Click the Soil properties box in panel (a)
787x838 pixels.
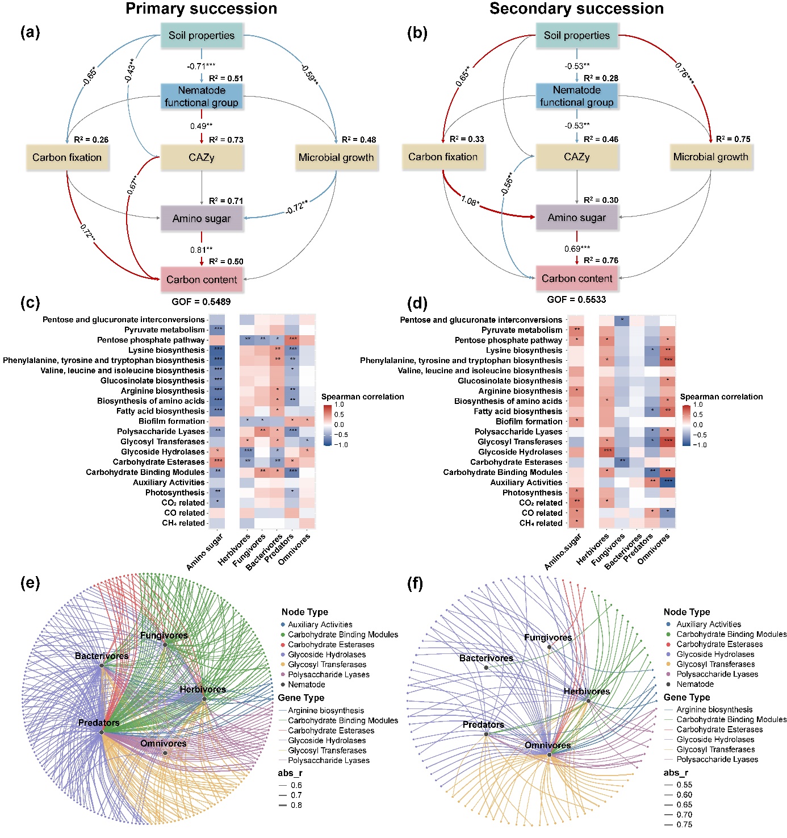201,35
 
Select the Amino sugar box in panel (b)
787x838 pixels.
576,218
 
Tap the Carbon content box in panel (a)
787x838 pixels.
202,280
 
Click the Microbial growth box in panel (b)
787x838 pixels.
710,157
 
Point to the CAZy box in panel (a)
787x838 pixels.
202,157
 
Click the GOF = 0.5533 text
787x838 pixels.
576,299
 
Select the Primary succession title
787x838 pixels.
201,9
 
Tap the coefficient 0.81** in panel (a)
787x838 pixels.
202,250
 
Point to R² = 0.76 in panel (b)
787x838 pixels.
601,260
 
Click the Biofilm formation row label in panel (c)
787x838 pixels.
171,421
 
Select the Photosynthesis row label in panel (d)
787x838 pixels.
532,493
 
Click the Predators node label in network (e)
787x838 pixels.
99,723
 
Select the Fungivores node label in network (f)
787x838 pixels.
548,637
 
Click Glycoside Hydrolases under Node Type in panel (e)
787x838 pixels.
326,654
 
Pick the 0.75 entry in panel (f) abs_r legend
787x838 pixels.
684,824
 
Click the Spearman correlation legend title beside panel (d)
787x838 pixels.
721,397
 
